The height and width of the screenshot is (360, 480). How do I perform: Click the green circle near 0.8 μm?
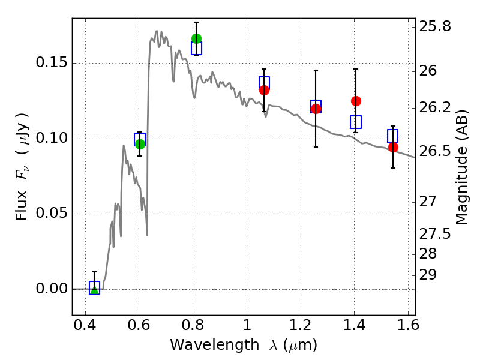point(197,38)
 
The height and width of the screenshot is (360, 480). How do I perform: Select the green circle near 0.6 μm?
point(140,144)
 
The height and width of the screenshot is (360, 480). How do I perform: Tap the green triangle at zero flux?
point(95,290)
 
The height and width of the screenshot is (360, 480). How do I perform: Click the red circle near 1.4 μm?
point(356,101)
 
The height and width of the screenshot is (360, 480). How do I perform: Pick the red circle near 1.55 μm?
point(394,147)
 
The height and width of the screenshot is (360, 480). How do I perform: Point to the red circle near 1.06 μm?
point(264,91)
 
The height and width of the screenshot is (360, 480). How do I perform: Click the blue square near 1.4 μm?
point(356,122)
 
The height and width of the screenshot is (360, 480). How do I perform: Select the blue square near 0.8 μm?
point(197,49)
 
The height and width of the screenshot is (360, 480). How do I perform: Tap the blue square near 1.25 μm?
point(316,107)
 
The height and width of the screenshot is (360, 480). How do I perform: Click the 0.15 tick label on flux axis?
point(52,63)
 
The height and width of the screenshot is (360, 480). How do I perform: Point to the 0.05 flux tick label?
point(52,213)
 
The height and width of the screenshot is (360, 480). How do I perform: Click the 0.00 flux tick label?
point(52,289)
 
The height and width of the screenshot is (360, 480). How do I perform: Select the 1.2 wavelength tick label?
point(301,325)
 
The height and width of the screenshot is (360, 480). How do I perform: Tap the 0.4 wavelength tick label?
point(85,325)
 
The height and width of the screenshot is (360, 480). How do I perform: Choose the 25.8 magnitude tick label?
point(435,26)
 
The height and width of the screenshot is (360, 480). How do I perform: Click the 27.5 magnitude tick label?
point(435,235)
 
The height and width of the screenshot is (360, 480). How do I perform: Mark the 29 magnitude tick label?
point(428,275)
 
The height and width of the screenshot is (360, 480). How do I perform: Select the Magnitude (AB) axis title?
point(461,167)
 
